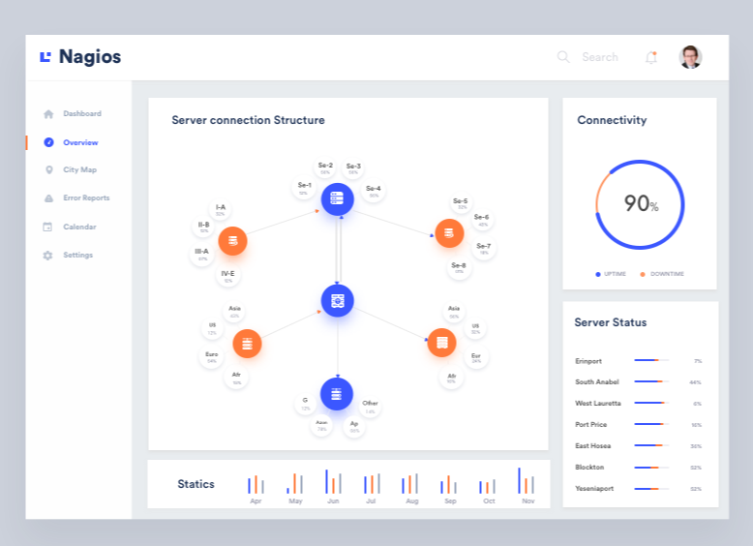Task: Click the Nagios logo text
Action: coord(89,57)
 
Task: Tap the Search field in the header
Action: coord(599,57)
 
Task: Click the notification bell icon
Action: coord(650,57)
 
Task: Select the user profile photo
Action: coord(690,57)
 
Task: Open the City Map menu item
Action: coord(79,170)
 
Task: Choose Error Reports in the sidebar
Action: coord(86,198)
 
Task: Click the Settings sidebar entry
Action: coord(77,256)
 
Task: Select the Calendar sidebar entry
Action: coord(79,227)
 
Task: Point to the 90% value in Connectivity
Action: coord(640,203)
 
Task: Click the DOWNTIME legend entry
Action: coord(666,274)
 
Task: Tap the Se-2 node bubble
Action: coord(325,168)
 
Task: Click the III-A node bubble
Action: coord(202,255)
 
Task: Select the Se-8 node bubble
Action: coord(459,268)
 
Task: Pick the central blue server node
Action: coord(337,300)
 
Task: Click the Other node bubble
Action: coord(370,407)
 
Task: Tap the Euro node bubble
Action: coord(212,357)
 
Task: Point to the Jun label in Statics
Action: coord(333,501)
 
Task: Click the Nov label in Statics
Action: coord(527,501)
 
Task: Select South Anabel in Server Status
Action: coord(596,382)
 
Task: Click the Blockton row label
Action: coord(589,468)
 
